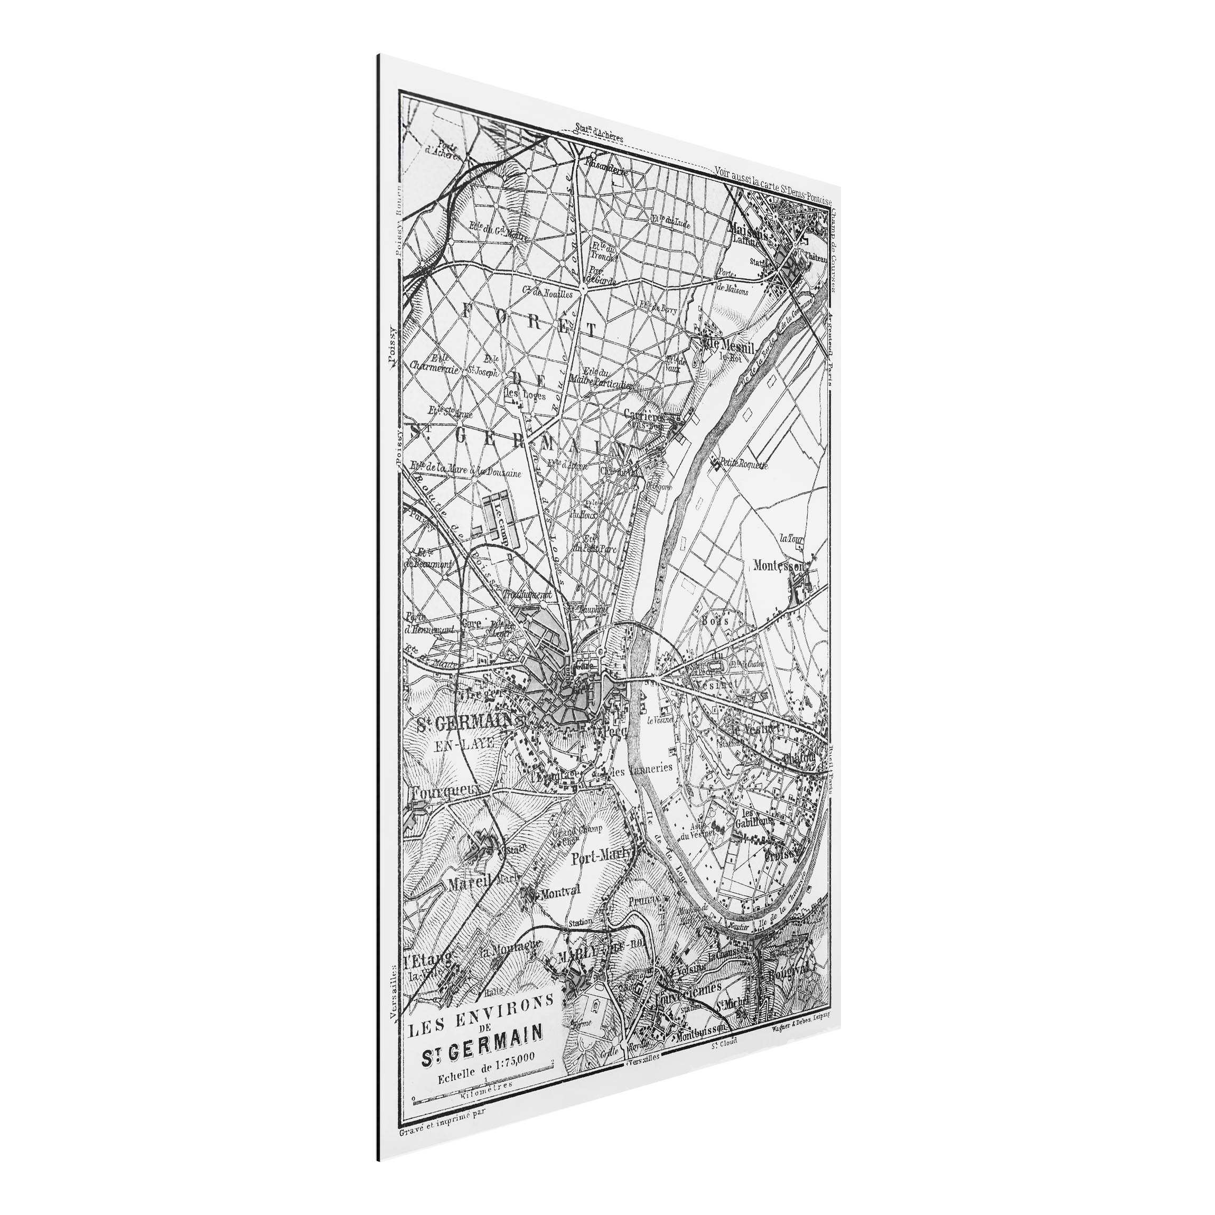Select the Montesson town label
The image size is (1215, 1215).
pyautogui.click(x=779, y=566)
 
